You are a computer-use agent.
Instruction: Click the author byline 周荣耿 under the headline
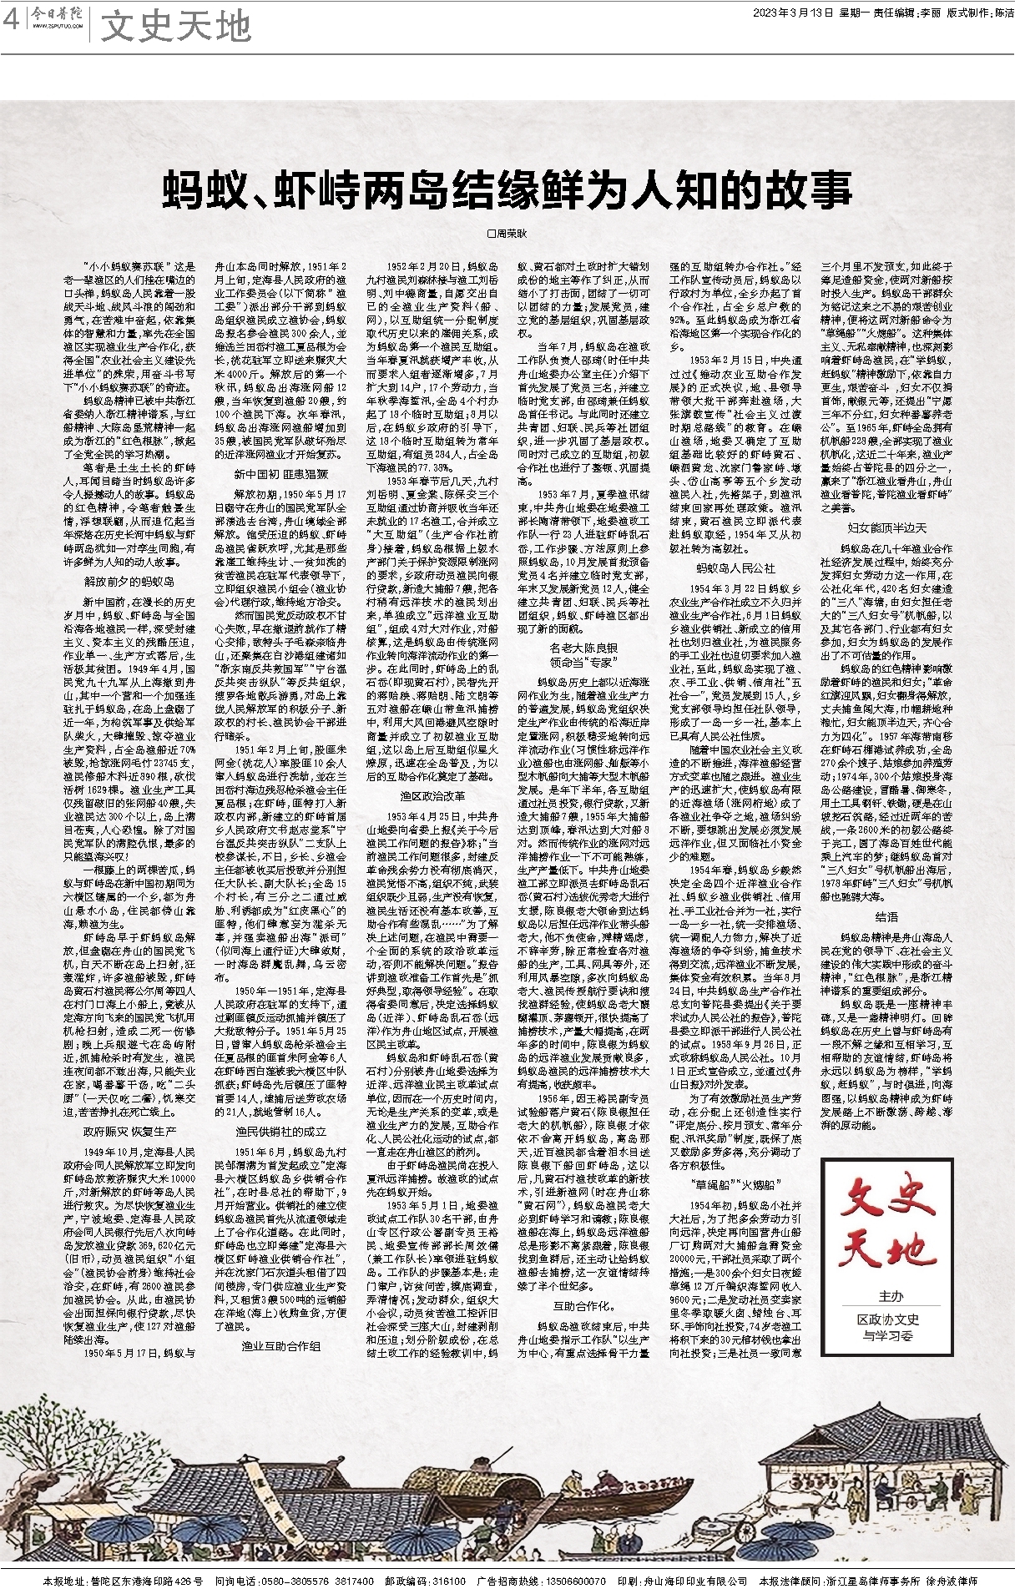[x=507, y=236]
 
